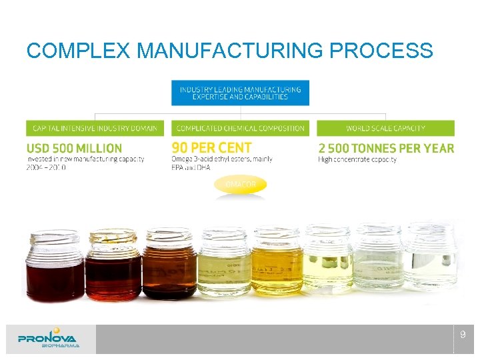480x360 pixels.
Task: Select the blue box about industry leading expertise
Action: click(x=240, y=93)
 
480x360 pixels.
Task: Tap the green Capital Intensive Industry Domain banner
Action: click(x=95, y=128)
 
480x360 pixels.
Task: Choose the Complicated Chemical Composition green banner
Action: click(x=240, y=128)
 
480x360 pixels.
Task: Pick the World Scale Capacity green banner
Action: click(x=385, y=128)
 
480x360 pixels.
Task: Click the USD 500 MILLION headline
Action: click(x=75, y=148)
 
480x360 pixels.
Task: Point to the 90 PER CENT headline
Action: click(x=212, y=147)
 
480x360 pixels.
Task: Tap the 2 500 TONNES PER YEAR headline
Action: click(x=386, y=148)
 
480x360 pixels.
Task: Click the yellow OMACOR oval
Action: click(x=240, y=185)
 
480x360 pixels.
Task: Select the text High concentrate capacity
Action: click(x=357, y=159)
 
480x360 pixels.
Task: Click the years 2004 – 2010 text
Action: click(x=47, y=167)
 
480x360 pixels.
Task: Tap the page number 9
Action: click(x=463, y=335)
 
